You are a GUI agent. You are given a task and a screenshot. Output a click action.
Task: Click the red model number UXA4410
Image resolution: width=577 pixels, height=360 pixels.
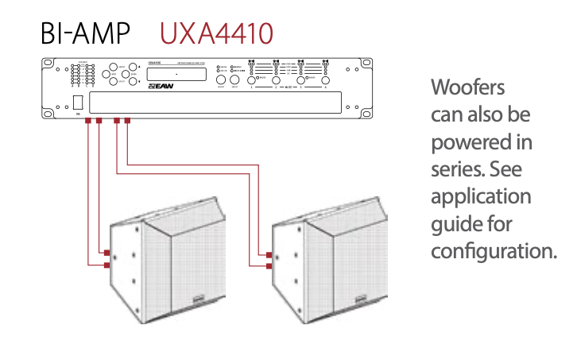tap(217, 33)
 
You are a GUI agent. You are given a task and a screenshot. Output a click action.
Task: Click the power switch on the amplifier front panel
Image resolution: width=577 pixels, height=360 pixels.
tap(79, 103)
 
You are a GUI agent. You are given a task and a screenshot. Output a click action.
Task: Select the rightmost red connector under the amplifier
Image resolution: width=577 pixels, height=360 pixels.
tap(127, 122)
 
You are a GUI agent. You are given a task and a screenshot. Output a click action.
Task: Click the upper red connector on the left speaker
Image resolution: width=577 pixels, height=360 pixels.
tap(106, 254)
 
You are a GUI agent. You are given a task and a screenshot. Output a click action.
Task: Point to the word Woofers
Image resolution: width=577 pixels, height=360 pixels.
tap(467, 86)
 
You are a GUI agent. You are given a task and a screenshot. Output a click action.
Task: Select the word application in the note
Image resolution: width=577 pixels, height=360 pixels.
tap(481, 196)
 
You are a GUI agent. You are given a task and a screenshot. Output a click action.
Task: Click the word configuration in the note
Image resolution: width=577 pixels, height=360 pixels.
tap(492, 251)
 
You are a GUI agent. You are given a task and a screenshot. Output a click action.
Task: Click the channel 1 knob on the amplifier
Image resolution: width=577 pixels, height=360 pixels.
tap(253, 80)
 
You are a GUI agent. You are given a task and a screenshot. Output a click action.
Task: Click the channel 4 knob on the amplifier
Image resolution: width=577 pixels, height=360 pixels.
tap(326, 80)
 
